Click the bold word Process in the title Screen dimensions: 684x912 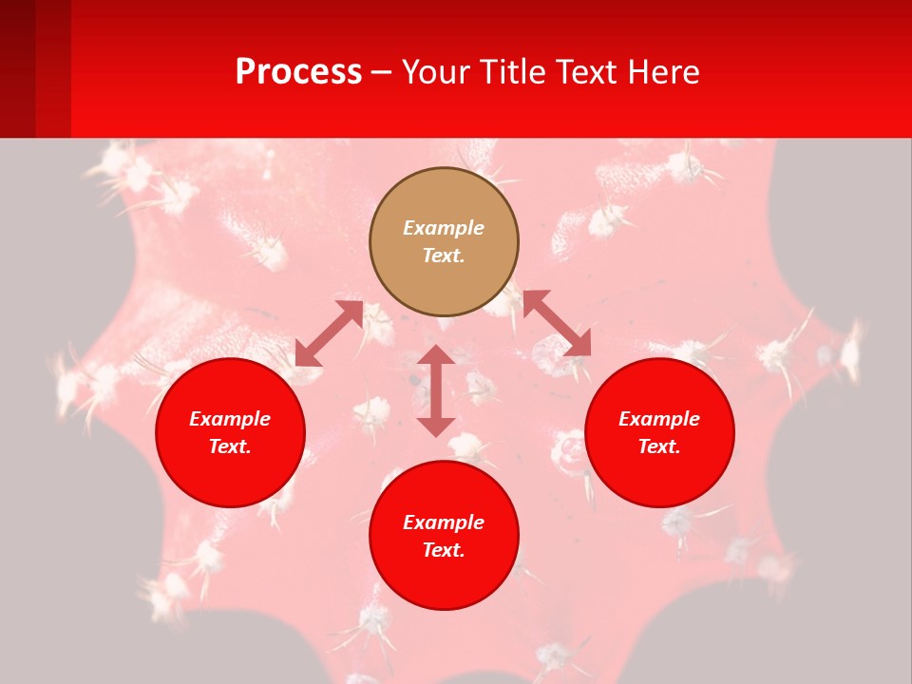point(298,72)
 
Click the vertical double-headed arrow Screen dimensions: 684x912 point(436,390)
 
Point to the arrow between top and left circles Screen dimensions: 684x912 point(329,333)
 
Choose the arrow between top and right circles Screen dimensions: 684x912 point(557,323)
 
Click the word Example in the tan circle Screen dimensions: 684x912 point(444,228)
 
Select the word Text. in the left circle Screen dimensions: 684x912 point(230,446)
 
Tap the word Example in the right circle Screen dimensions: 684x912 point(659,419)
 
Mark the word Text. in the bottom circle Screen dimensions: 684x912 point(444,550)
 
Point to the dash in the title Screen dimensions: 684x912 point(382,73)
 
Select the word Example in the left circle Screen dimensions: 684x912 point(230,419)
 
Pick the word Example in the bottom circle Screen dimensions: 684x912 point(444,522)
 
